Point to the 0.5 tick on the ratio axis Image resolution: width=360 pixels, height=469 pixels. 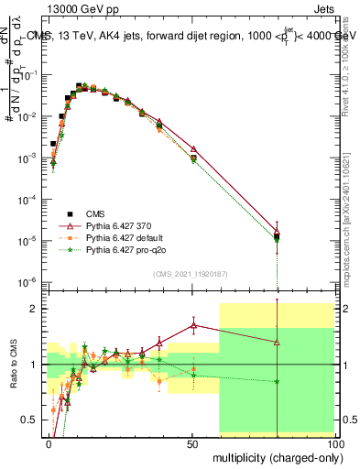[34, 420]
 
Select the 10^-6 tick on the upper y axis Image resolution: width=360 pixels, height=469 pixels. [31, 281]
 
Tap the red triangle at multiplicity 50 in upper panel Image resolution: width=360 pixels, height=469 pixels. [192, 148]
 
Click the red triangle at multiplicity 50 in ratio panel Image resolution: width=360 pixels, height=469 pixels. [192, 324]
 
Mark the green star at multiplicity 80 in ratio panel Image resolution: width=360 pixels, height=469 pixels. [278, 382]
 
